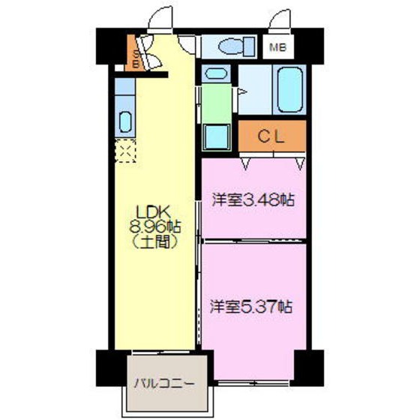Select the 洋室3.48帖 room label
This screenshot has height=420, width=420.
point(251,200)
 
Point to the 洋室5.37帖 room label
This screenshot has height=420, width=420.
point(250,306)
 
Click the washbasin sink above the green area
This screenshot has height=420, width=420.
point(216,74)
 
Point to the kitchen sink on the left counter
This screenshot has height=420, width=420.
point(125,121)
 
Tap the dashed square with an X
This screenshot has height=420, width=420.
point(125,153)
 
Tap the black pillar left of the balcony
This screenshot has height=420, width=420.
point(109,368)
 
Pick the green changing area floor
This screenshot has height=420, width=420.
point(217,104)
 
